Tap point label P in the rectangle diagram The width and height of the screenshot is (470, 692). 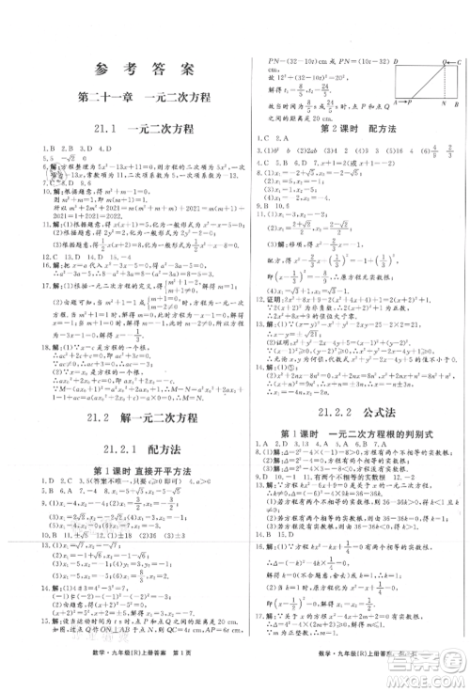coord(410,103)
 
